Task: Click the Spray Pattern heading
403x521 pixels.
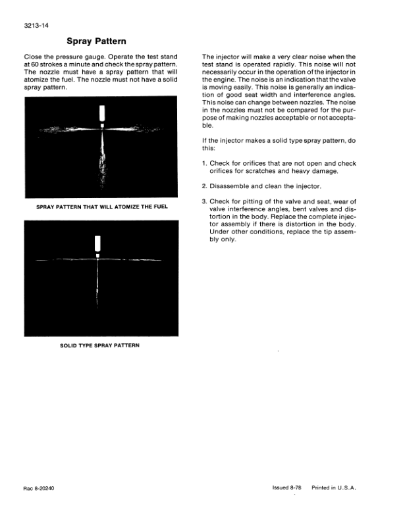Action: [97, 41]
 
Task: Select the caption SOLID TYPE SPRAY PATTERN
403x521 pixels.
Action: [97, 344]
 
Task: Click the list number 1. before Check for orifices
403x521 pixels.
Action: [204, 163]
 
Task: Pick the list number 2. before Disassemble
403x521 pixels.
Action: [204, 186]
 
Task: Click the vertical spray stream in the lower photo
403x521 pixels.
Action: [97, 283]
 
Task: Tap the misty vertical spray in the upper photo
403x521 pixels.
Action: [102, 161]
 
